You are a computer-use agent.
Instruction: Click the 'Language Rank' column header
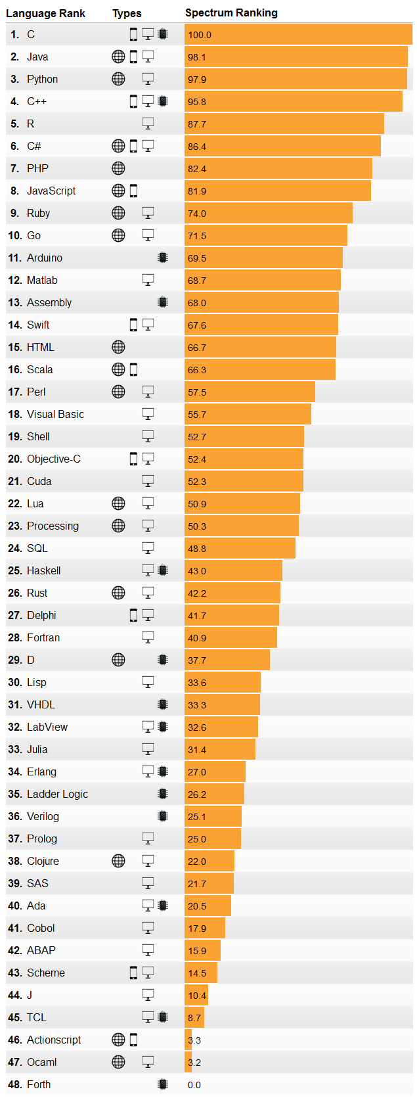point(45,13)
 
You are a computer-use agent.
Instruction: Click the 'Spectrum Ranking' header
point(231,12)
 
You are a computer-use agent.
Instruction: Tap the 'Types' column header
point(127,13)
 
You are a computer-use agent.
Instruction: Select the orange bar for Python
point(296,80)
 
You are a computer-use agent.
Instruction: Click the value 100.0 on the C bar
point(200,35)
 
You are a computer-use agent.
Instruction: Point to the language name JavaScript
point(51,191)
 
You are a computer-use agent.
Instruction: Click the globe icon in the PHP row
point(118,168)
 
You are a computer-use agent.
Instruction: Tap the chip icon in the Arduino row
point(163,258)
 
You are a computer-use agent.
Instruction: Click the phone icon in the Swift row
point(133,325)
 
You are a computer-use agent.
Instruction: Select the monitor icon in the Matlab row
point(148,280)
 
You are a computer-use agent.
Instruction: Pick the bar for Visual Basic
point(248,415)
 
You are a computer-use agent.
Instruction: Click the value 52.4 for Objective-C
point(197,459)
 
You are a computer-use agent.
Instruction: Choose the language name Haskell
point(43,570)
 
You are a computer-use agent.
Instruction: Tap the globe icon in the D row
point(118,660)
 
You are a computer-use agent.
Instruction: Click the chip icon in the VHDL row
point(163,704)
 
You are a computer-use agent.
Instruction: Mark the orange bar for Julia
point(220,750)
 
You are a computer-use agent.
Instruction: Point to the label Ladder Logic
point(57,794)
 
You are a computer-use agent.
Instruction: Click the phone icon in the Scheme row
point(133,973)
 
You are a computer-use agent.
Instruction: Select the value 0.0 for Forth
point(194,1085)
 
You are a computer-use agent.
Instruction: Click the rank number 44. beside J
point(15,995)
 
